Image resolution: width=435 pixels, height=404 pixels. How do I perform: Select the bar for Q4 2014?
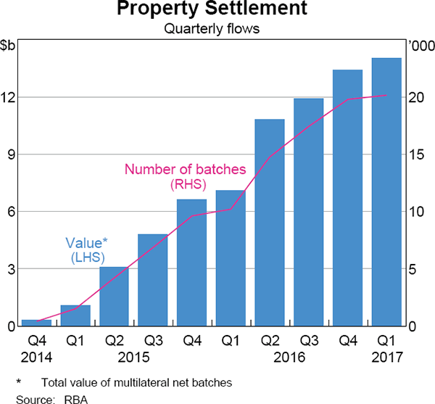tap(37, 323)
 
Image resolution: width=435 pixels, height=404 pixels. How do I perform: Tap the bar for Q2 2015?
tap(115, 297)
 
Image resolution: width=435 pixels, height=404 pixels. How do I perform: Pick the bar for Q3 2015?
tap(153, 280)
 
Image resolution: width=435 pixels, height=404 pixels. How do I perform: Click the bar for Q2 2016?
tap(270, 223)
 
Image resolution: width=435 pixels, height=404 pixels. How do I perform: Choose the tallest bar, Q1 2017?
tap(386, 192)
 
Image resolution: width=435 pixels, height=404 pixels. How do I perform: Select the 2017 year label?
tap(386, 357)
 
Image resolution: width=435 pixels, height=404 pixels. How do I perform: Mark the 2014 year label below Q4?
tap(37, 357)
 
